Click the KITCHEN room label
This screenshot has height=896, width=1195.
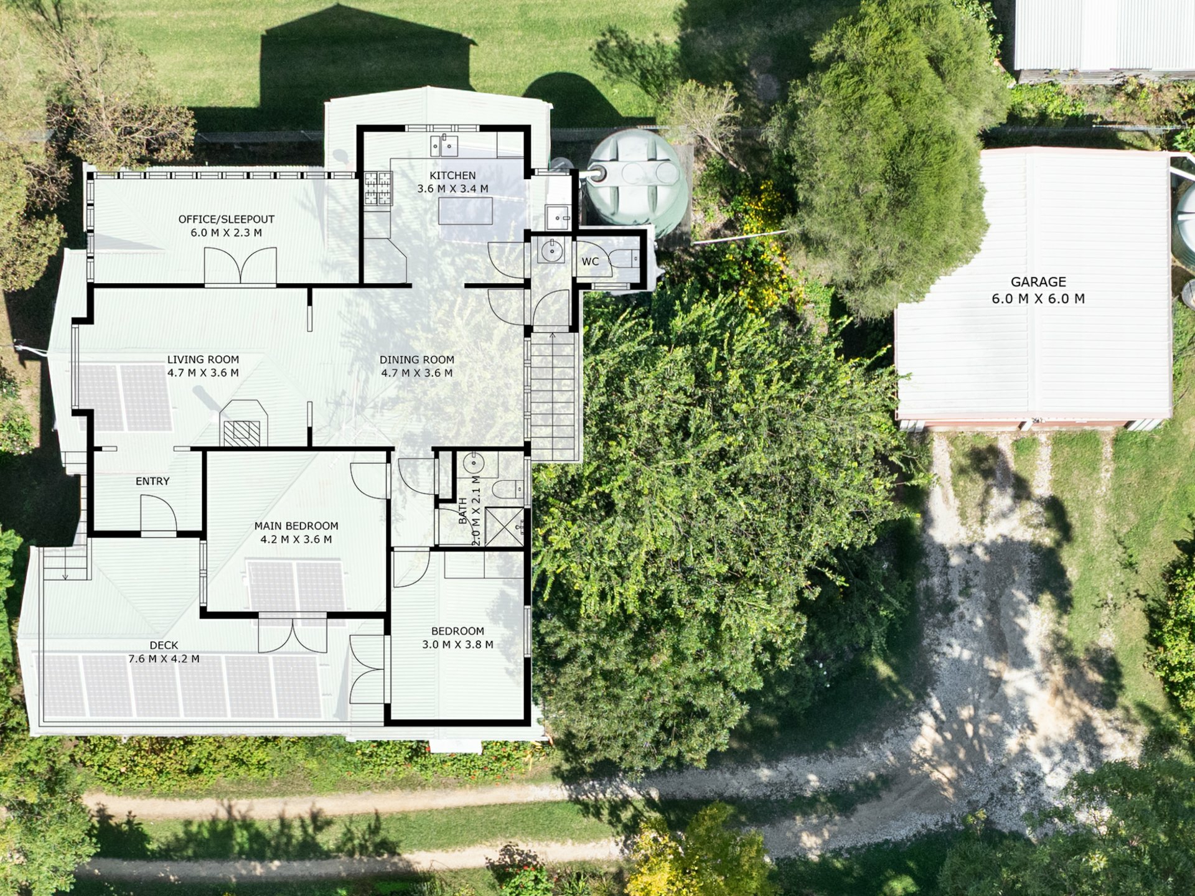click(x=452, y=175)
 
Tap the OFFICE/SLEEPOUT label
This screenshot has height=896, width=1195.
click(x=226, y=219)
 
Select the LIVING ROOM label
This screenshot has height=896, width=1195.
click(x=203, y=359)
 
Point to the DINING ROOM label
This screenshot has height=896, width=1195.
click(x=416, y=359)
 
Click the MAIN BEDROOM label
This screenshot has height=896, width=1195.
click(x=296, y=526)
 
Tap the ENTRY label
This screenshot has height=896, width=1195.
click(x=152, y=481)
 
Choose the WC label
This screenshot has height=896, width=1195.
click(x=590, y=261)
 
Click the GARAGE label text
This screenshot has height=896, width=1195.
click(x=1038, y=281)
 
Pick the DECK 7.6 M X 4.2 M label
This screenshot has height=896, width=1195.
click(x=164, y=652)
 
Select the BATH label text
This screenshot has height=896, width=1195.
click(x=462, y=511)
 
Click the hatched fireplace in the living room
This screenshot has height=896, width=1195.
click(x=241, y=433)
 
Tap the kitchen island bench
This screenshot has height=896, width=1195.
click(x=466, y=210)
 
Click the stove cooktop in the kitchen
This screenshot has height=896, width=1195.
click(x=378, y=189)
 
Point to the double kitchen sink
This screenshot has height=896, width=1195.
click(x=444, y=146)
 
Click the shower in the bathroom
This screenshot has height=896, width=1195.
click(x=504, y=527)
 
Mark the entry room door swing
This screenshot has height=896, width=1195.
click(x=158, y=514)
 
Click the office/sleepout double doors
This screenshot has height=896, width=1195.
click(x=240, y=266)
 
